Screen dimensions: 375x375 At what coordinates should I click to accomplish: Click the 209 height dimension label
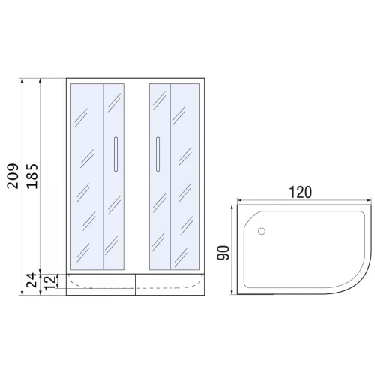[x=13, y=176]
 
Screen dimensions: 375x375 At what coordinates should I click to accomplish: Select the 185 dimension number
[x=32, y=176]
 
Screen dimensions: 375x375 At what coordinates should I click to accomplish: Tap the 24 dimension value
[x=32, y=280]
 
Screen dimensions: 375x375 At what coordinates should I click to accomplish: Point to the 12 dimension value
[x=49, y=283]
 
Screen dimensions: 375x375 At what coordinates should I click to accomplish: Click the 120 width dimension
[x=301, y=192]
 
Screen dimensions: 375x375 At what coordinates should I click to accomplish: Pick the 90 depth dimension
[x=223, y=253]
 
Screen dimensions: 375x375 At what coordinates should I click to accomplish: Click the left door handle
[x=115, y=154]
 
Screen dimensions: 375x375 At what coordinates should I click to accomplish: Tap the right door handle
[x=157, y=154]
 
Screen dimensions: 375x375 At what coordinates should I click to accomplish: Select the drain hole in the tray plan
[x=262, y=231]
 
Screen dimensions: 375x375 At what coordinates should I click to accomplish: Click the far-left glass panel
[x=87, y=177]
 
